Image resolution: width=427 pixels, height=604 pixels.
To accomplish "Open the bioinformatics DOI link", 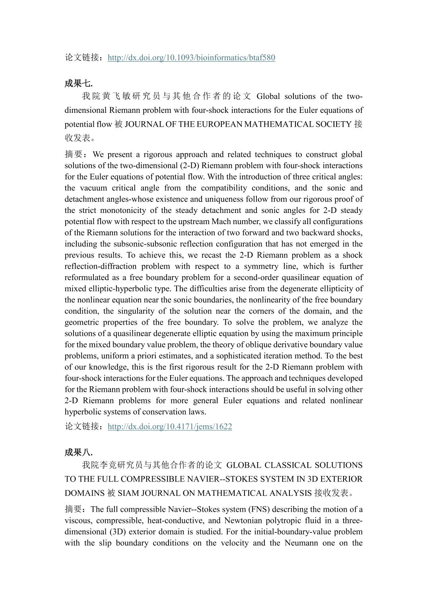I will pyautogui.click(x=191, y=58).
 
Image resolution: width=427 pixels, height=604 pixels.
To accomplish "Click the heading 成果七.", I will pyautogui.click(x=78, y=83).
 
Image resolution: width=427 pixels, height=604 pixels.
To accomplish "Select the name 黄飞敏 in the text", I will pyautogui.click(x=115, y=96).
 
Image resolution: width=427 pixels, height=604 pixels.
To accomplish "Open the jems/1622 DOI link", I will pyautogui.click(x=170, y=427).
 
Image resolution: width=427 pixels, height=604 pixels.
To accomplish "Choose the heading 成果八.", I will pyautogui.click(x=78, y=452).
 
